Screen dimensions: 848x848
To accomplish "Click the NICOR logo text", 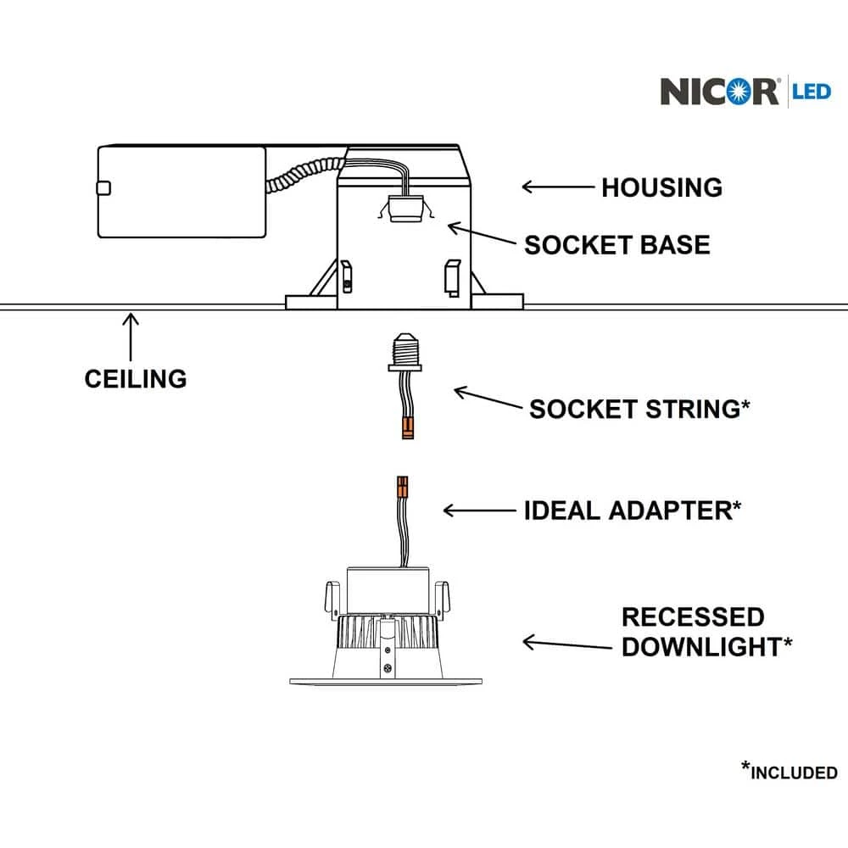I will [719, 91].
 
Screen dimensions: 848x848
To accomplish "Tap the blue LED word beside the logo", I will [812, 90].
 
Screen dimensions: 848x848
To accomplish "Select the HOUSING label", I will [661, 187].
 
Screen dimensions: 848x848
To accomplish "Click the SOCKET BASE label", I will [616, 245].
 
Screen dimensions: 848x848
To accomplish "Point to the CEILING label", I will [136, 378].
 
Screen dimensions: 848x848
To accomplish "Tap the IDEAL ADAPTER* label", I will [633, 510].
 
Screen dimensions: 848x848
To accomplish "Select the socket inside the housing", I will [404, 209].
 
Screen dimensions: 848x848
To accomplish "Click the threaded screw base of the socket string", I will [404, 344].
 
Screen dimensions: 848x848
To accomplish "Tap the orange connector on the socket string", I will [408, 426].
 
